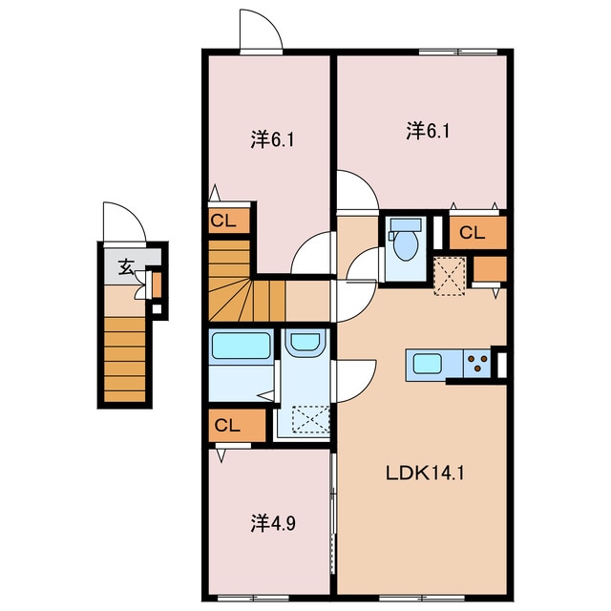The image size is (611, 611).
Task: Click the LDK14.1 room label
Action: pyautogui.click(x=425, y=474)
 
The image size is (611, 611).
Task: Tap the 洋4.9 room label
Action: pyautogui.click(x=273, y=523)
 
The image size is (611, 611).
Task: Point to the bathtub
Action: pyautogui.click(x=242, y=346)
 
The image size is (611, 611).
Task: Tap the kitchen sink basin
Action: pyautogui.click(x=427, y=363)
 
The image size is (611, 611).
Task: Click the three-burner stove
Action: pyautogui.click(x=477, y=364)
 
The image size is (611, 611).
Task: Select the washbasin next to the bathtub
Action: pyautogui.click(x=305, y=342)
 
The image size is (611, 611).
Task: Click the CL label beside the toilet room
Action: pyautogui.click(x=472, y=233)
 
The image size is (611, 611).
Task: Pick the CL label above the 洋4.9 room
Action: pyautogui.click(x=227, y=425)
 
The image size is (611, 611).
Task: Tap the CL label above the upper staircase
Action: pyautogui.click(x=223, y=221)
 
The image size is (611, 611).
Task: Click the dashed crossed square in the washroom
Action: pyautogui.click(x=310, y=419)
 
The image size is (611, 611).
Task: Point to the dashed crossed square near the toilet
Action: pyautogui.click(x=450, y=276)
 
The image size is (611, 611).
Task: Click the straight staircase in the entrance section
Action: pyautogui.click(x=125, y=359)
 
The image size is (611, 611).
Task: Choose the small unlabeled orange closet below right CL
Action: pyautogui.click(x=490, y=268)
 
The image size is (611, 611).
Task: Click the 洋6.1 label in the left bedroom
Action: pyautogui.click(x=272, y=139)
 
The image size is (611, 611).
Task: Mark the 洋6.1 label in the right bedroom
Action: pyautogui.click(x=428, y=130)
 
